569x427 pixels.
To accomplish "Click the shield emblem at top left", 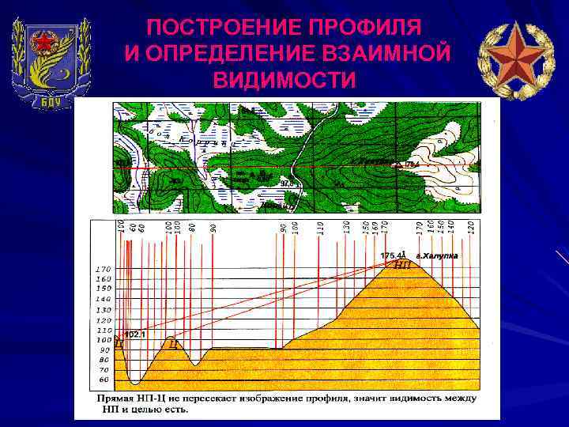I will click(x=52, y=61).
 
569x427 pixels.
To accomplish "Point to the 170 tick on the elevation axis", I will click(x=104, y=269).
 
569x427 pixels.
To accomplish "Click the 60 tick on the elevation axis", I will click(x=104, y=380).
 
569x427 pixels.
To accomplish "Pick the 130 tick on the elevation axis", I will click(x=104, y=310).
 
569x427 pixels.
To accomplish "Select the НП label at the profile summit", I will click(x=401, y=265).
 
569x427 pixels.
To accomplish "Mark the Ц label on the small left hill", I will click(x=172, y=344).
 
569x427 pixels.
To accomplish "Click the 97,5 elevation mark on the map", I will click(x=288, y=183).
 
